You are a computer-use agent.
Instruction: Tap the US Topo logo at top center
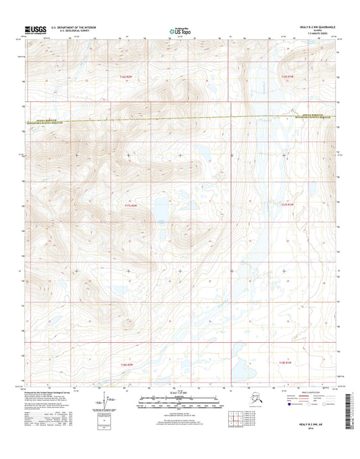[180, 30]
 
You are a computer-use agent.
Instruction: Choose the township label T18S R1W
[285, 363]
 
